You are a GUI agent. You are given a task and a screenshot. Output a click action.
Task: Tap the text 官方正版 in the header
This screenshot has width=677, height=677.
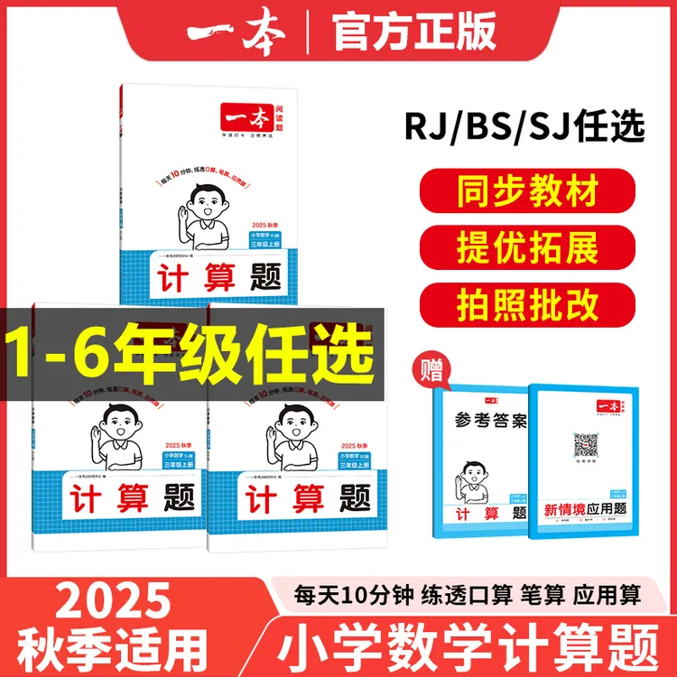click(414, 32)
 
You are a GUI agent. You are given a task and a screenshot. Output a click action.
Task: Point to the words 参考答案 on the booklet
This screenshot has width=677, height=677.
click(487, 425)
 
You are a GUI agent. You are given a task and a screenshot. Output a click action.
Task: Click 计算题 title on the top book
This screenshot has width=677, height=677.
click(214, 273)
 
